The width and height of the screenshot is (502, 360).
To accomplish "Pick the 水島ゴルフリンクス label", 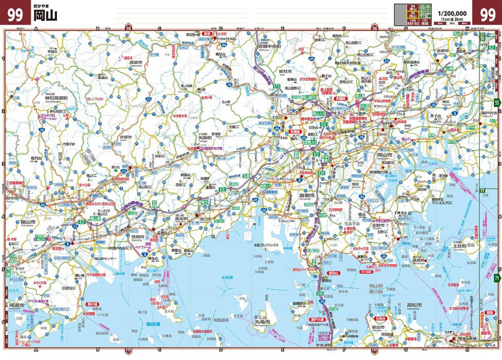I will (265, 245).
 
